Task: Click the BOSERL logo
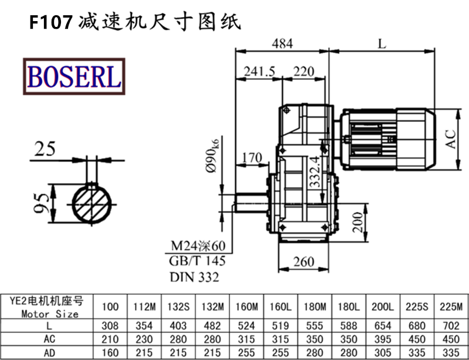click(74, 76)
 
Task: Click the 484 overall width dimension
click(282, 43)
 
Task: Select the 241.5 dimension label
click(259, 72)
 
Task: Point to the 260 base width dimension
click(303, 261)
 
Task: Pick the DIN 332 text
click(194, 277)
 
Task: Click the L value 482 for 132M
click(212, 325)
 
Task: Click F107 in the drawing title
click(51, 22)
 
